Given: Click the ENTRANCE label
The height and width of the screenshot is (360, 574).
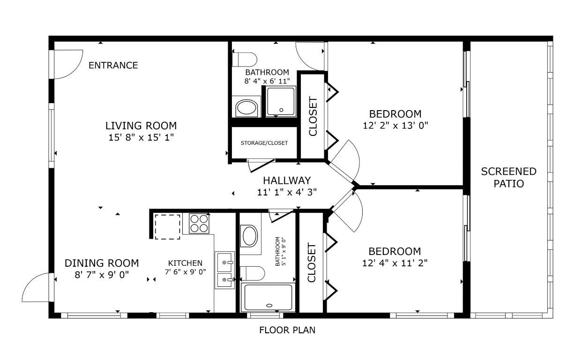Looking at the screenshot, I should (x=113, y=65).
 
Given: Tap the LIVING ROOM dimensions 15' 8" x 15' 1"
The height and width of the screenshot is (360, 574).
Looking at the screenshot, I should (x=141, y=137).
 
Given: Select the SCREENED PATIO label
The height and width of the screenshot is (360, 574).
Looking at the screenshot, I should (x=508, y=177).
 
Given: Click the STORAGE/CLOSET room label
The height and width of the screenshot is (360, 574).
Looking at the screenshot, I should (x=264, y=143).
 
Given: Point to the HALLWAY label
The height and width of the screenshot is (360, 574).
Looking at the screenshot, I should (x=287, y=180).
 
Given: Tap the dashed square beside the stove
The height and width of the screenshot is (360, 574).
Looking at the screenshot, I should (x=167, y=227).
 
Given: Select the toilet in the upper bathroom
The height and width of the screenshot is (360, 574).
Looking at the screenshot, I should (x=247, y=60).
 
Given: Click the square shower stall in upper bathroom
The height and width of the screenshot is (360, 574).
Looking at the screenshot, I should (x=281, y=101).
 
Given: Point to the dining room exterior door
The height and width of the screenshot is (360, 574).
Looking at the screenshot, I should (x=37, y=287).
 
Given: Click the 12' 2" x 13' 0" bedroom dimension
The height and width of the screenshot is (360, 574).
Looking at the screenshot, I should (x=395, y=126).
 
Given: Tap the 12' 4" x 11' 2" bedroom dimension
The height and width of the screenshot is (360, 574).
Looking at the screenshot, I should (x=395, y=262).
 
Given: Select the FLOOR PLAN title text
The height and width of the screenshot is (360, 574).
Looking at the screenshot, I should (x=287, y=330).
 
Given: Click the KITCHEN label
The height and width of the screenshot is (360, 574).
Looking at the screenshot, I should (x=186, y=263).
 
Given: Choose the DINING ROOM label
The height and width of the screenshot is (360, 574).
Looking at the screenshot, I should (x=102, y=263).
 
